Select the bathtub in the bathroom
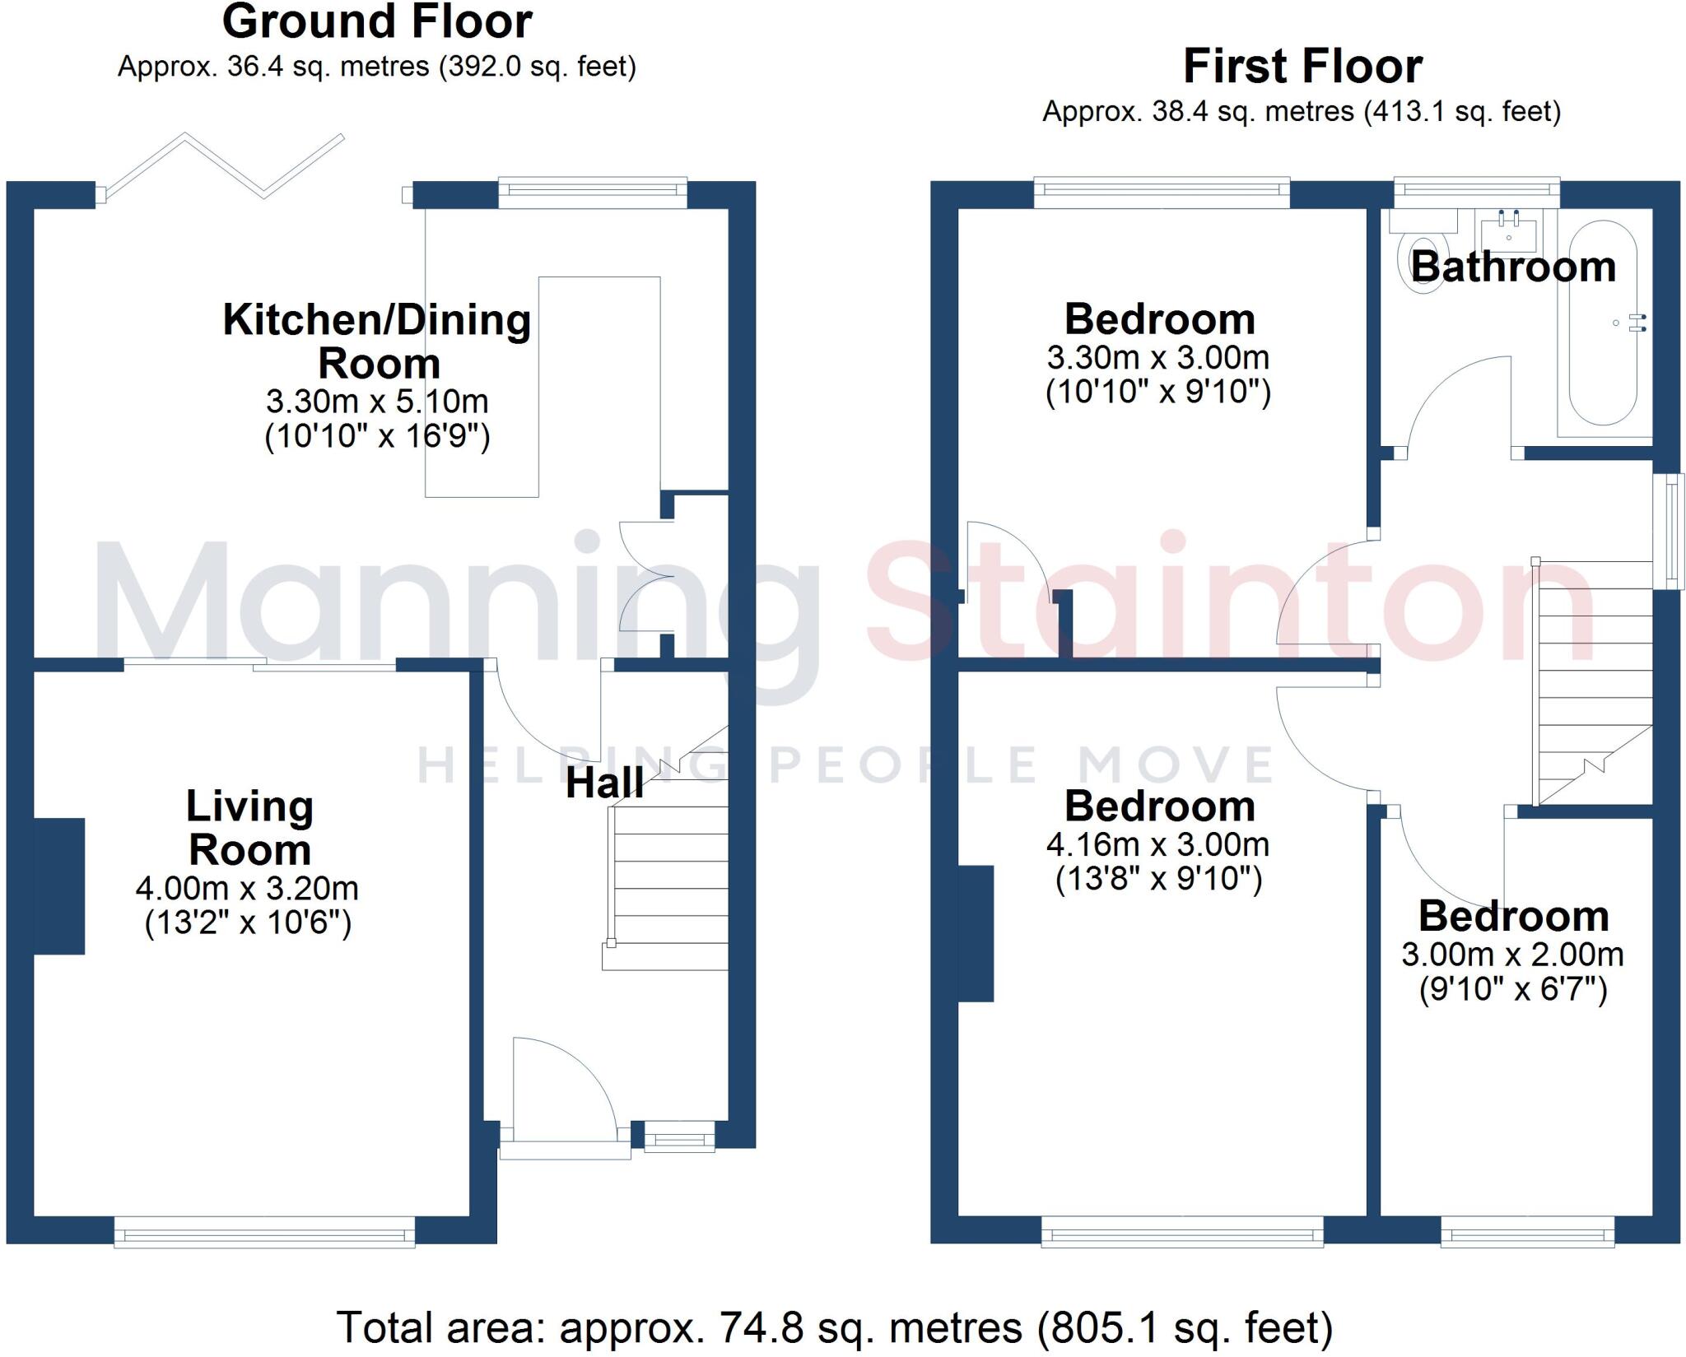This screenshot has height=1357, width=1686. click(1603, 323)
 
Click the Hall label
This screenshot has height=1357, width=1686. click(604, 783)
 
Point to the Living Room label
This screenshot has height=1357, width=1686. click(249, 828)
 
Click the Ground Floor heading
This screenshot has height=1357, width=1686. click(377, 22)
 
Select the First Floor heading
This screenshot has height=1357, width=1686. click(1302, 67)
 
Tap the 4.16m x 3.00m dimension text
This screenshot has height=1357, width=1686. click(1158, 845)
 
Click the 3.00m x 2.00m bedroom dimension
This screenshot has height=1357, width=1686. click(1512, 955)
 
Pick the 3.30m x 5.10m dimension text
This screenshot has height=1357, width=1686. click(377, 402)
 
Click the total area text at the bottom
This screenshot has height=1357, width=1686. click(835, 1327)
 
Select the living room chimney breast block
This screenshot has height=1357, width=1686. click(59, 885)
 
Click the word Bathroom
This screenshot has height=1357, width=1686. click(1513, 267)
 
